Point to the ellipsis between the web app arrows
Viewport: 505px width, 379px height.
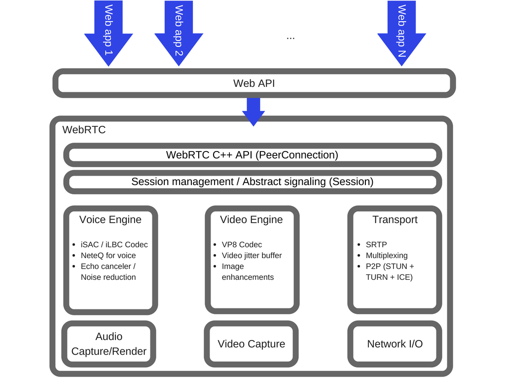click(x=290, y=38)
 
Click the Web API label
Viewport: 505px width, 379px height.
click(x=254, y=83)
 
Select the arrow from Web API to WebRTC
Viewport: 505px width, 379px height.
click(x=253, y=112)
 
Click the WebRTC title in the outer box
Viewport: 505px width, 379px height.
click(x=84, y=130)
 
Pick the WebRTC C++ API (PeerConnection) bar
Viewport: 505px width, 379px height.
click(x=252, y=155)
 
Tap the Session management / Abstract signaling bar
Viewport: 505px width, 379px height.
click(x=252, y=182)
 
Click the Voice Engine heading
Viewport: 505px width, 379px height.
click(x=110, y=220)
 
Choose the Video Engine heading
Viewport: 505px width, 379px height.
click(x=252, y=220)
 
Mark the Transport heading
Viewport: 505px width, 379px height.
click(x=395, y=220)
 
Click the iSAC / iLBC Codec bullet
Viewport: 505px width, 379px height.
click(x=114, y=245)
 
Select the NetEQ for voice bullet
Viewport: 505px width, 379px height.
click(x=108, y=256)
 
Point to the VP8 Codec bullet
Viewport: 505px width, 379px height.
click(x=242, y=245)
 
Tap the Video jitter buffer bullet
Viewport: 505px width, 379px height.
click(x=252, y=256)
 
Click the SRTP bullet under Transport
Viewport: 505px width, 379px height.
click(x=376, y=245)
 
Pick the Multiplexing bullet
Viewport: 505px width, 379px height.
click(x=387, y=256)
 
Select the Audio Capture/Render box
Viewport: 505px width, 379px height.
click(x=109, y=344)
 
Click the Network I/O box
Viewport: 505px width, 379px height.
click(x=395, y=344)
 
